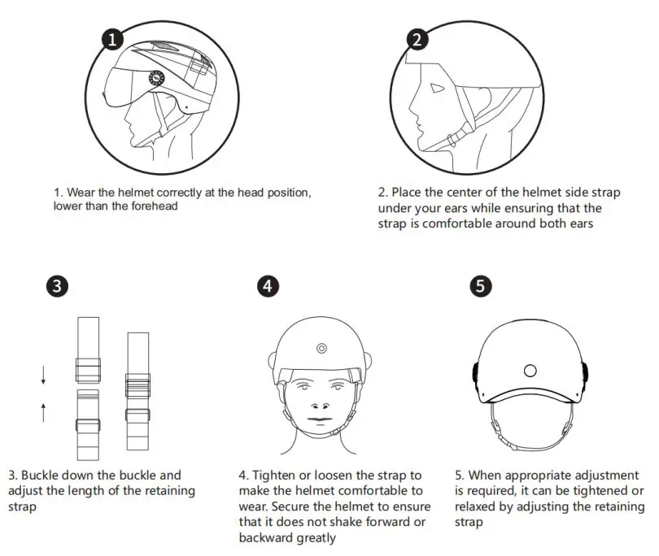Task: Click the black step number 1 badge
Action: tap(113, 39)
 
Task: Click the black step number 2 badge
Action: tap(417, 39)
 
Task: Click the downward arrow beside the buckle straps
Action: tap(44, 376)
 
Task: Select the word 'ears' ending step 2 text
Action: tap(577, 224)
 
